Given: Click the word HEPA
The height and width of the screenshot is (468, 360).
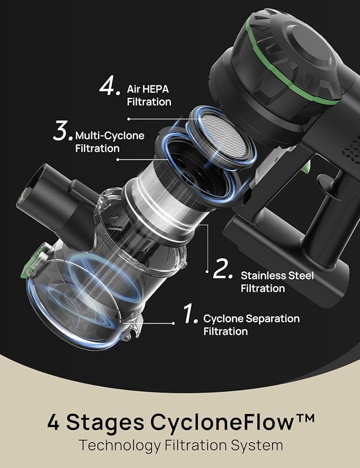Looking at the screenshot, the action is [156, 89].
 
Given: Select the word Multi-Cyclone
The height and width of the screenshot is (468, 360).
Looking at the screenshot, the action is [110, 136].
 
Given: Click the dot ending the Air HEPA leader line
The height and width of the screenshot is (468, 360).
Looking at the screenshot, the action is [129, 119].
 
